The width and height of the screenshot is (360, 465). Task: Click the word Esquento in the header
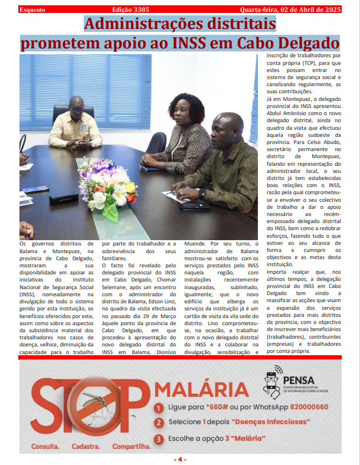tap(33, 10)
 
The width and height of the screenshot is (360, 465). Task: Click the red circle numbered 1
tap(159, 408)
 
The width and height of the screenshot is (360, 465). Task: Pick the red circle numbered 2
tap(159, 423)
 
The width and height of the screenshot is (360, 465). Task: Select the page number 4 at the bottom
tap(180, 459)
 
